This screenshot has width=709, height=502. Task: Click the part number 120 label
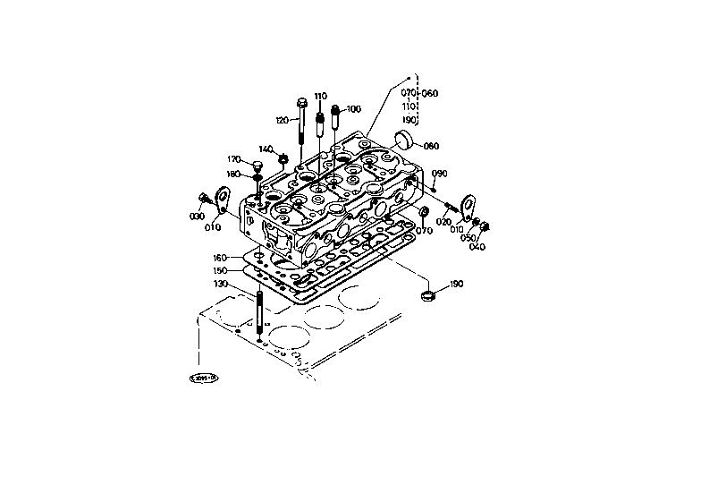tap(283, 121)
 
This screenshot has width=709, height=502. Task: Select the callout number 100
tap(353, 109)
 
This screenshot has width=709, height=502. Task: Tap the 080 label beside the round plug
tap(431, 146)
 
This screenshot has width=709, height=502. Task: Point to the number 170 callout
tap(233, 159)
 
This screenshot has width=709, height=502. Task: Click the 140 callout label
tap(266, 149)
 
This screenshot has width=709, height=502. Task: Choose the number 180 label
tap(233, 174)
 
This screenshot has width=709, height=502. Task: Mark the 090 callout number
tap(439, 174)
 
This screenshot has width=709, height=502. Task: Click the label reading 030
tap(196, 217)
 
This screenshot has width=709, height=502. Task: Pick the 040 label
tap(477, 247)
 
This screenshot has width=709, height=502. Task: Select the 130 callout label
tap(220, 284)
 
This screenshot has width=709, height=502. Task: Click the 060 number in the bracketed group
tap(431, 94)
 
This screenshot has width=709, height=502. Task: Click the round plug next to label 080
tap(405, 140)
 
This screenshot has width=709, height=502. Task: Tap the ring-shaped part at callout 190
tap(429, 294)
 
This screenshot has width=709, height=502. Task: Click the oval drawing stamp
tap(206, 378)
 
